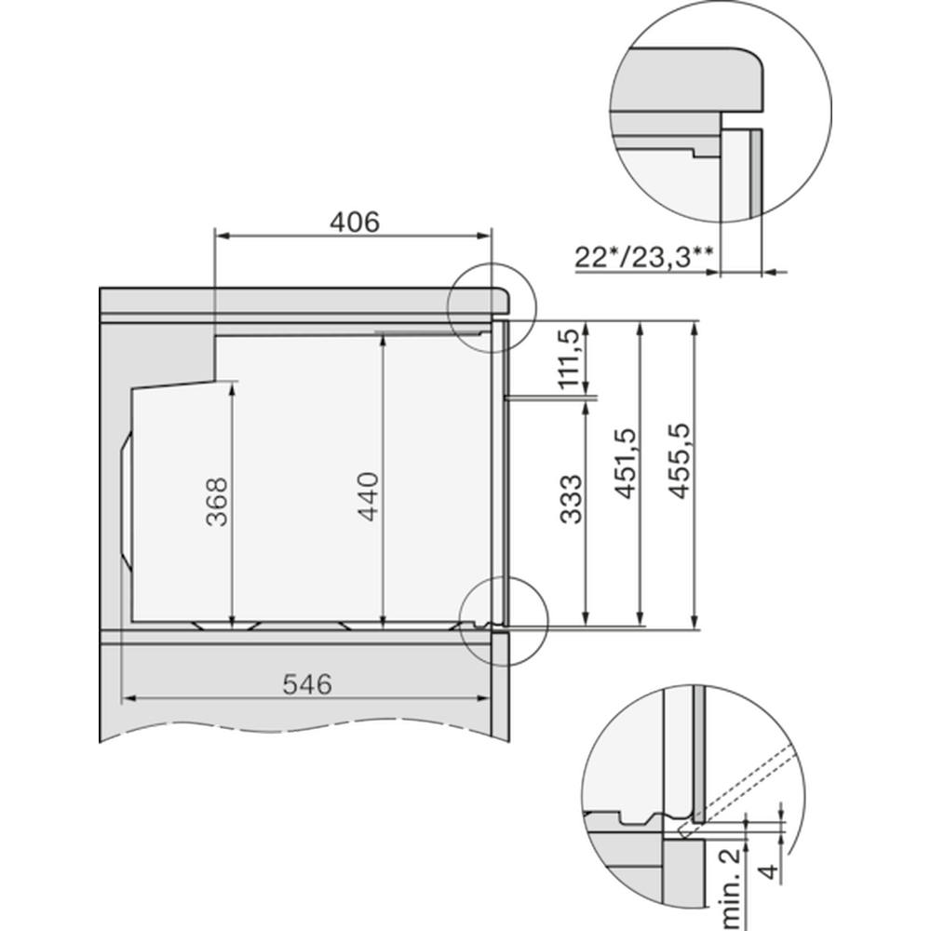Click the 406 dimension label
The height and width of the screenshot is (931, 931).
[355, 223]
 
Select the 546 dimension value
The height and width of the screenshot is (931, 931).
[307, 684]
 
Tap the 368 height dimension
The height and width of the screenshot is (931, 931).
[217, 502]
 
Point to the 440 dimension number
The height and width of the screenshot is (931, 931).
[369, 496]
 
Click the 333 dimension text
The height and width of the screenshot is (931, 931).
[572, 499]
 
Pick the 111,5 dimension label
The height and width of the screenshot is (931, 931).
[570, 358]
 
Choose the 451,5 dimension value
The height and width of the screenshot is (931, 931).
[626, 463]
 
